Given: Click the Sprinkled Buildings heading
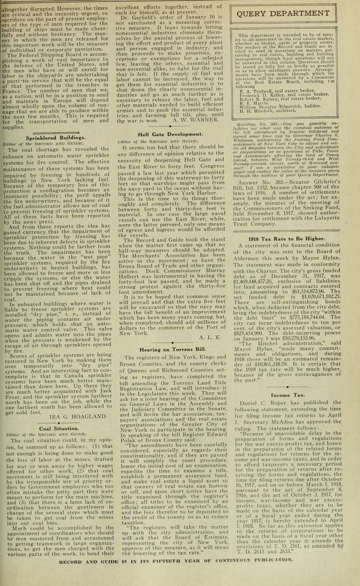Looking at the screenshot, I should [x=48, y=137].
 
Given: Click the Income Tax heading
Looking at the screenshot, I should [x=288, y=395].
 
